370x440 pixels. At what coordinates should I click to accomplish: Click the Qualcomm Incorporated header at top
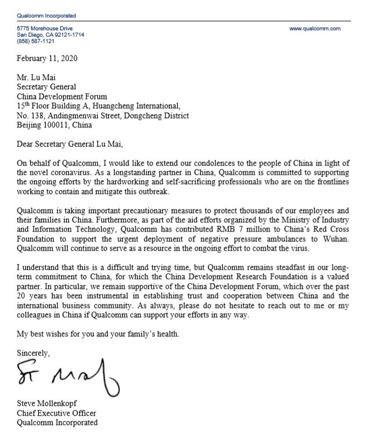coord(46,16)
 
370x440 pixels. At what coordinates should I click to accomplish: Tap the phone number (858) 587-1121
coord(35,41)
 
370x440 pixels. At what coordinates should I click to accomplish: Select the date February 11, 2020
coord(47,58)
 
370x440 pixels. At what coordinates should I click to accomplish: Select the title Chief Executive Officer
coord(57,413)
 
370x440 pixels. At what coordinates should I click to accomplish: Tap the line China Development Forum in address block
coord(62,97)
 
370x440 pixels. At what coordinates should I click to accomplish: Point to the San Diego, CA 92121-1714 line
coord(50,35)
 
